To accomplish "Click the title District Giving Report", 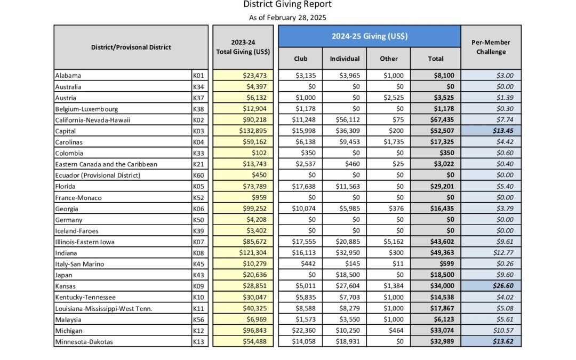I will click(287, 5).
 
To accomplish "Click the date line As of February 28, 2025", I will click(287, 18).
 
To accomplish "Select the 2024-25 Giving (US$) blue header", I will click(369, 36).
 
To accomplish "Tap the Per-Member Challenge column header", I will click(491, 47).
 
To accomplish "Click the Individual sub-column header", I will click(345, 59).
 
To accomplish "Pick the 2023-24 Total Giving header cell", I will click(243, 47).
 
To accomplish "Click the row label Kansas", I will click(66, 286).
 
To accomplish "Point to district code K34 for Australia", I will click(199, 87).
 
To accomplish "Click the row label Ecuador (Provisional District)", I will click(98, 175).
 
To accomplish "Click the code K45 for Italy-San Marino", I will click(199, 265).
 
